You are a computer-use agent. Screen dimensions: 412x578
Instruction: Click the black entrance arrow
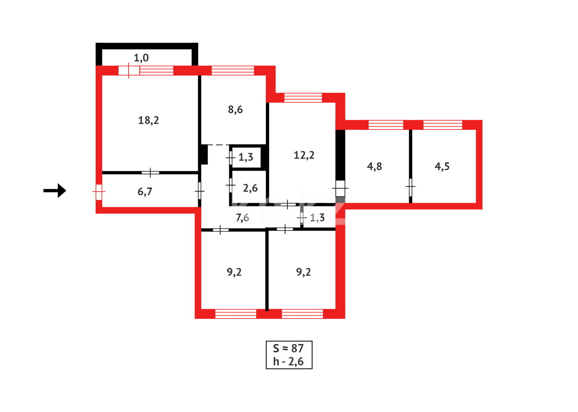pyautogui.click(x=55, y=190)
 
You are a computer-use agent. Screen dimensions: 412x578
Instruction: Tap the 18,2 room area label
pyautogui.click(x=148, y=121)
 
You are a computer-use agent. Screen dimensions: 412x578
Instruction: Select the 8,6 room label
pyautogui.click(x=235, y=110)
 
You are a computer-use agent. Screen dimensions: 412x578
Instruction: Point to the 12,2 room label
pyautogui.click(x=304, y=155)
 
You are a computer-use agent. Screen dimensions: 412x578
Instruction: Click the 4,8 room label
pyautogui.click(x=374, y=166)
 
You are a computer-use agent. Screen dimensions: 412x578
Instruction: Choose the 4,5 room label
pyautogui.click(x=442, y=166)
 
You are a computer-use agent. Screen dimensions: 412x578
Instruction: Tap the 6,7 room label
pyautogui.click(x=145, y=192)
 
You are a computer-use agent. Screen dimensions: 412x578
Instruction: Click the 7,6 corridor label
pyautogui.click(x=242, y=218)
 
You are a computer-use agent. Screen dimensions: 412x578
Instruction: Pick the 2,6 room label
pyautogui.click(x=250, y=188)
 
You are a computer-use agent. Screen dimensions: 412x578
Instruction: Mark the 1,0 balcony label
pyautogui.click(x=141, y=58)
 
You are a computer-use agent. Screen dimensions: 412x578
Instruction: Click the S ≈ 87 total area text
pyautogui.click(x=288, y=348)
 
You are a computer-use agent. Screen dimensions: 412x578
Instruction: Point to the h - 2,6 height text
pyautogui.click(x=288, y=362)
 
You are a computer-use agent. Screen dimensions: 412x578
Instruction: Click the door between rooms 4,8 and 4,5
pyautogui.click(x=410, y=187)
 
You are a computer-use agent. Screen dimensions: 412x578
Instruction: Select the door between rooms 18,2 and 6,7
pyautogui.click(x=151, y=173)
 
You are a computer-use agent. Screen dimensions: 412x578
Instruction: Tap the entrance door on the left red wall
pyautogui.click(x=99, y=192)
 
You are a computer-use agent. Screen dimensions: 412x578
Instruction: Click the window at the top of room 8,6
pyautogui.click(x=233, y=71)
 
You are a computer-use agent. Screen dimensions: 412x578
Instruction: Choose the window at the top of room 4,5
pyautogui.click(x=443, y=125)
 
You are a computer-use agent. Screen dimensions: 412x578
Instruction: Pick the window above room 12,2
pyautogui.click(x=303, y=98)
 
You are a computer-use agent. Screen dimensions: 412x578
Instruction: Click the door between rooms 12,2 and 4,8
pyautogui.click(x=340, y=188)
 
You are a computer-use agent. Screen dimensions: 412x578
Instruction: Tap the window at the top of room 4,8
pyautogui.click(x=385, y=125)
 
